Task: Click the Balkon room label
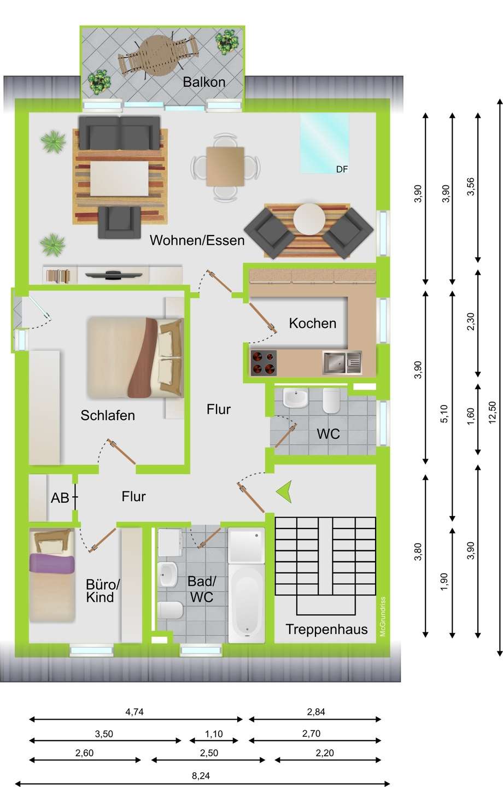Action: coord(204,82)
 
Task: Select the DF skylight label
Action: coord(342,169)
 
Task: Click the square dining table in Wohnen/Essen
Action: coord(225,167)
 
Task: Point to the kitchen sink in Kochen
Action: coord(342,362)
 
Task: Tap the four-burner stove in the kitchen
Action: coord(264,363)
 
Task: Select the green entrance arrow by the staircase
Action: coord(284,491)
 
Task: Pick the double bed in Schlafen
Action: coord(136,358)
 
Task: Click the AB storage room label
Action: coord(60,497)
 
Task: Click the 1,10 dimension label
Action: coord(214,733)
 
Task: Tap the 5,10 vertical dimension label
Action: coord(444,414)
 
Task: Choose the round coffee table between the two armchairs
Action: coord(309,219)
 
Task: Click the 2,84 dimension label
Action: coord(315,712)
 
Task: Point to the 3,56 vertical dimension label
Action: coord(470,186)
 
